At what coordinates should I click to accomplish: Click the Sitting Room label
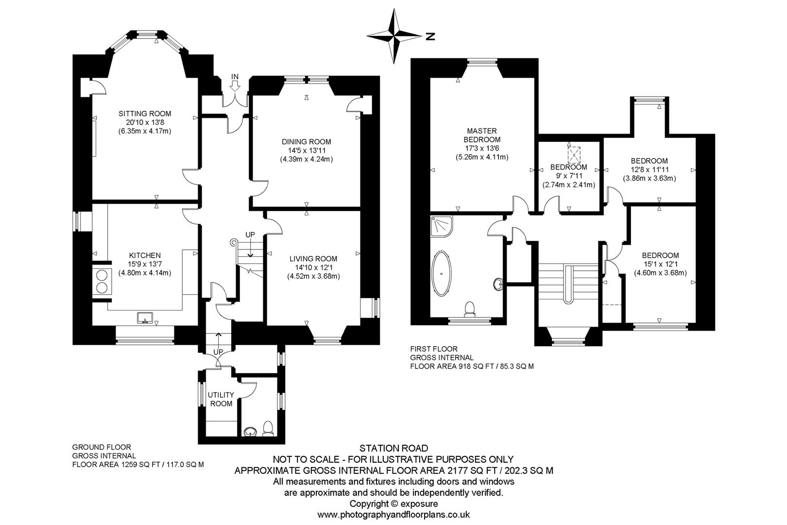point(145,114)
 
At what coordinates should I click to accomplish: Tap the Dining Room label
point(307,142)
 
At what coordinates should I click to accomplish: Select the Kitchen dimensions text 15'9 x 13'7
point(145,264)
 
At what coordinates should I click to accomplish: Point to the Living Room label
point(313,259)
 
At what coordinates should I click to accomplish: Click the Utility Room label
point(221,399)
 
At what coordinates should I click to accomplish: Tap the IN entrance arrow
point(235,86)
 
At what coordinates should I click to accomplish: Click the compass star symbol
point(394,36)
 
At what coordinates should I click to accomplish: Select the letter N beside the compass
point(430,36)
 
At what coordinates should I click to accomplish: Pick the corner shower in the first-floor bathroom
point(441,226)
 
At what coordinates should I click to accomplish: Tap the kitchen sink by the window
point(145,317)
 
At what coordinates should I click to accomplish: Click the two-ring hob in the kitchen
point(102,281)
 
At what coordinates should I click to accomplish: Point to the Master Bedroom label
point(482,135)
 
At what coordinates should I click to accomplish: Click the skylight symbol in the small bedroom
point(574,155)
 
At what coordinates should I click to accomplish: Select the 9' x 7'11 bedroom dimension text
point(569,176)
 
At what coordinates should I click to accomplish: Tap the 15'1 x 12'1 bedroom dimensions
point(660,264)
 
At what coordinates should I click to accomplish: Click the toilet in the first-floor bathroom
point(470,309)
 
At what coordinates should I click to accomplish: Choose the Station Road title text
point(393,448)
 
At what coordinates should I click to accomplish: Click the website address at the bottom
point(393,515)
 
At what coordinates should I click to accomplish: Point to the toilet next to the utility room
point(268,429)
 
